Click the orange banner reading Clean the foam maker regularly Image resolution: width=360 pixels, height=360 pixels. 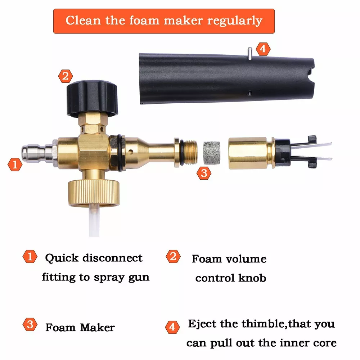click(x=164, y=21)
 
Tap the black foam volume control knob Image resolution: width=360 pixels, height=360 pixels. click(x=92, y=98)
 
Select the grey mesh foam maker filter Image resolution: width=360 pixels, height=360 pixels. click(x=212, y=153)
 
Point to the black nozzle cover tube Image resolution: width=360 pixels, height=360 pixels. click(x=226, y=78)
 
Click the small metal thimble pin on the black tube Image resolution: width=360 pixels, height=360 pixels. click(x=250, y=53)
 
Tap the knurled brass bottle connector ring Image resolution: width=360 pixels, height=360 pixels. click(x=94, y=192)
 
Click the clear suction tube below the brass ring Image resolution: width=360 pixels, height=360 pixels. click(x=94, y=220)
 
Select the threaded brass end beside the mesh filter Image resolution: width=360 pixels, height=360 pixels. click(x=189, y=153)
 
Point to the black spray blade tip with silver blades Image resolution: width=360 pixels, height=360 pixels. click(x=303, y=152)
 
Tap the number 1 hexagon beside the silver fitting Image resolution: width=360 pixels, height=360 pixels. click(x=15, y=165)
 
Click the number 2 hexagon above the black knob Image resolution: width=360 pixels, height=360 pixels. click(x=66, y=76)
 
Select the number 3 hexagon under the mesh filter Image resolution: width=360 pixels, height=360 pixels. click(x=204, y=173)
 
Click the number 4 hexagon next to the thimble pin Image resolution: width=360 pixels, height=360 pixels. click(x=263, y=49)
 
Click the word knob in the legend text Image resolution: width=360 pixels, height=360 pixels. click(x=252, y=278)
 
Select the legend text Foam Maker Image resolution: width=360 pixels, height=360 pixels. click(x=80, y=327)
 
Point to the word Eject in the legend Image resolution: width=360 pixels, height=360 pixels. click(x=202, y=324)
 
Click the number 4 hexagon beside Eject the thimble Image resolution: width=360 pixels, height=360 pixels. click(x=172, y=327)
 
